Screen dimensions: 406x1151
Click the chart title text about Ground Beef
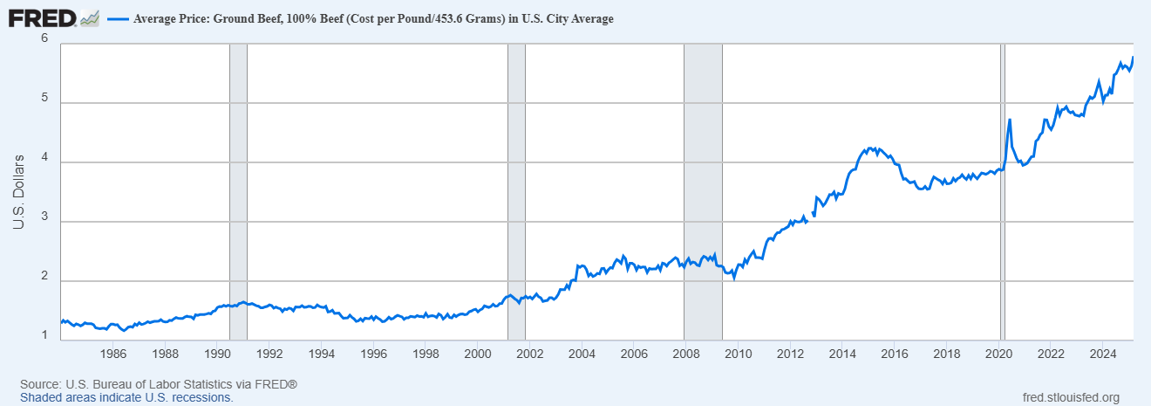[x=373, y=19]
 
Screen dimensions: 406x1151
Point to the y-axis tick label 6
[x=44, y=38]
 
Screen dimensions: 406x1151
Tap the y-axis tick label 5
[x=44, y=103]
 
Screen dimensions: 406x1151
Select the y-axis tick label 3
[x=44, y=222]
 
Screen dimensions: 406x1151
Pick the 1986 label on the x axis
[x=113, y=354]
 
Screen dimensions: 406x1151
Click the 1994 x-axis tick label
[x=322, y=354]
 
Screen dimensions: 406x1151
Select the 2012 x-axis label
[x=790, y=354]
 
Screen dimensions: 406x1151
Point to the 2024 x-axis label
[x=1103, y=354]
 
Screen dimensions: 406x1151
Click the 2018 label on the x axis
[x=947, y=354]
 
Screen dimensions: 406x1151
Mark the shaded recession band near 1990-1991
[x=238, y=192]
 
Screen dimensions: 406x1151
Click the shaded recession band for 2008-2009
[x=703, y=192]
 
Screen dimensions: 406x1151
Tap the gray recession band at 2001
[x=516, y=192]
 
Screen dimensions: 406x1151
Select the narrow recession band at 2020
[x=1003, y=192]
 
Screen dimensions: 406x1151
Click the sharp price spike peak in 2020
[x=1010, y=120]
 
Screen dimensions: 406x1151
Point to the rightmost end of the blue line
[x=1133, y=58]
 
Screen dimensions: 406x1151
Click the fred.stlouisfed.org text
[x=1070, y=397]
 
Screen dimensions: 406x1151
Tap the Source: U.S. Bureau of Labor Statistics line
[x=159, y=384]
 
